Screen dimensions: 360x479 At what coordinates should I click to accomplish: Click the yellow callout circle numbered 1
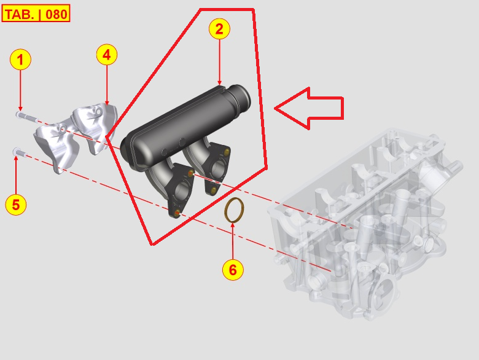[20, 60]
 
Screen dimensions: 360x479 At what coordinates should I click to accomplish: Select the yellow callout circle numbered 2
[219, 28]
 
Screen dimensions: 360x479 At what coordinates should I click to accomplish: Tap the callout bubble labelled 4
[107, 55]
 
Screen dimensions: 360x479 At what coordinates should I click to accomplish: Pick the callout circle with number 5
[16, 205]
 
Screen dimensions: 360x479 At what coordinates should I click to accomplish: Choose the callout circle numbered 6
[233, 268]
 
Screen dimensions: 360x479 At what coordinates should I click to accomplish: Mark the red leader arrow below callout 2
[219, 61]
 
